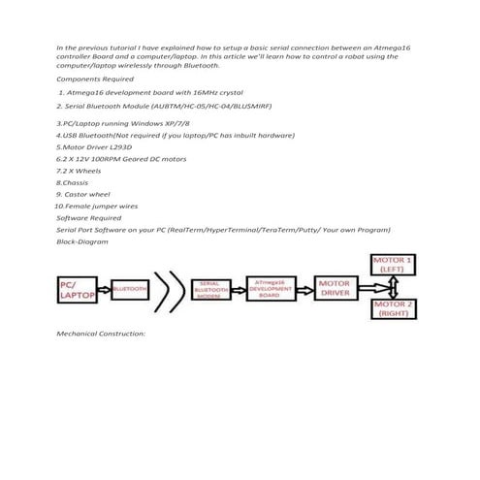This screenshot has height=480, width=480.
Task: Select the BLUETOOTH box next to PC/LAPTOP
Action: [130, 288]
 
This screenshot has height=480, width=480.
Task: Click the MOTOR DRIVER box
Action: [336, 288]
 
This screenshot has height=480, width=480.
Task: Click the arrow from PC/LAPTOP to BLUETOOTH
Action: [106, 288]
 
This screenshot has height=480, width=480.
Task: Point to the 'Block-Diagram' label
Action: [82, 241]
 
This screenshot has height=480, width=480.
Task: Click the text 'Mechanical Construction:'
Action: [101, 334]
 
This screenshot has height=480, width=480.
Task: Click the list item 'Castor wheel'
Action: [88, 194]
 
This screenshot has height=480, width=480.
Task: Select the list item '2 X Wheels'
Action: [82, 170]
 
